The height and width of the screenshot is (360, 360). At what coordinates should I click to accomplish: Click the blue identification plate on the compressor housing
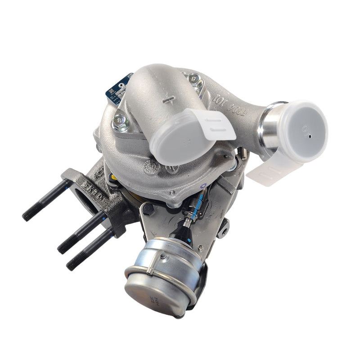(x=119, y=88)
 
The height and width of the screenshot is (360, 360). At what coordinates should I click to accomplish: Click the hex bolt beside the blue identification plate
(x=120, y=120)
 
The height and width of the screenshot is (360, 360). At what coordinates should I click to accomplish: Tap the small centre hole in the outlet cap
(x=310, y=133)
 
